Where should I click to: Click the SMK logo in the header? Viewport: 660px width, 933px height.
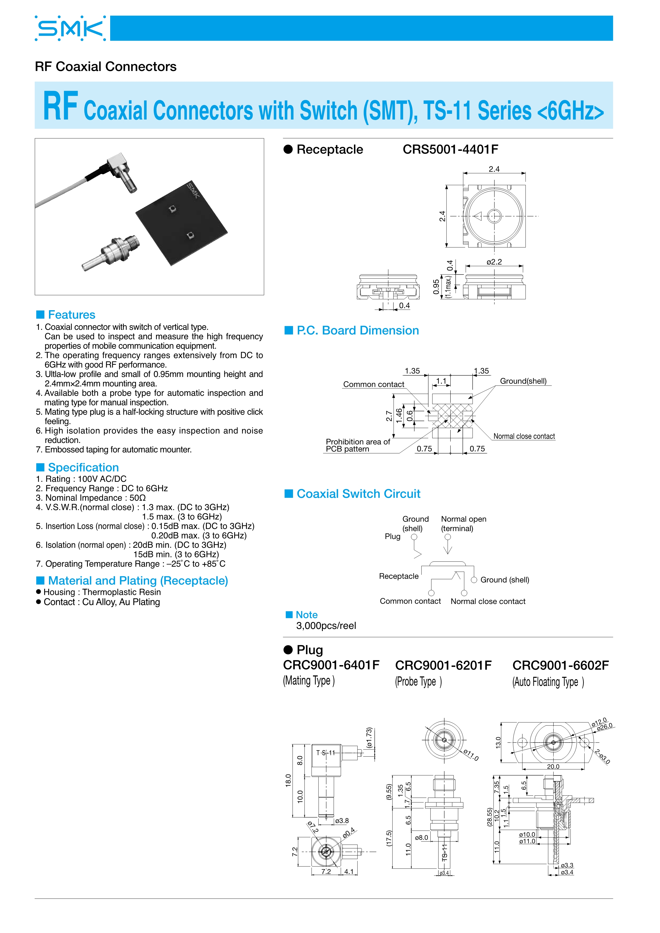[70, 28]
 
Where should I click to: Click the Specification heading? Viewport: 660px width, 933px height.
[83, 467]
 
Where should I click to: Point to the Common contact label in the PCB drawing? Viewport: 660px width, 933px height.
[373, 384]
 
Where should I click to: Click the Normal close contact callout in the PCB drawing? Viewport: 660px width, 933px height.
[524, 436]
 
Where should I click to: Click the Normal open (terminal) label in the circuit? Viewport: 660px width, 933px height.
[463, 524]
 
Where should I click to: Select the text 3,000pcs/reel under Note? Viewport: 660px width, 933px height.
[326, 626]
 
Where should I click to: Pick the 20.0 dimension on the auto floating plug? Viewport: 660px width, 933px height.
[553, 766]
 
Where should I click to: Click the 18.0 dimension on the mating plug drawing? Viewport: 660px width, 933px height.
[288, 780]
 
